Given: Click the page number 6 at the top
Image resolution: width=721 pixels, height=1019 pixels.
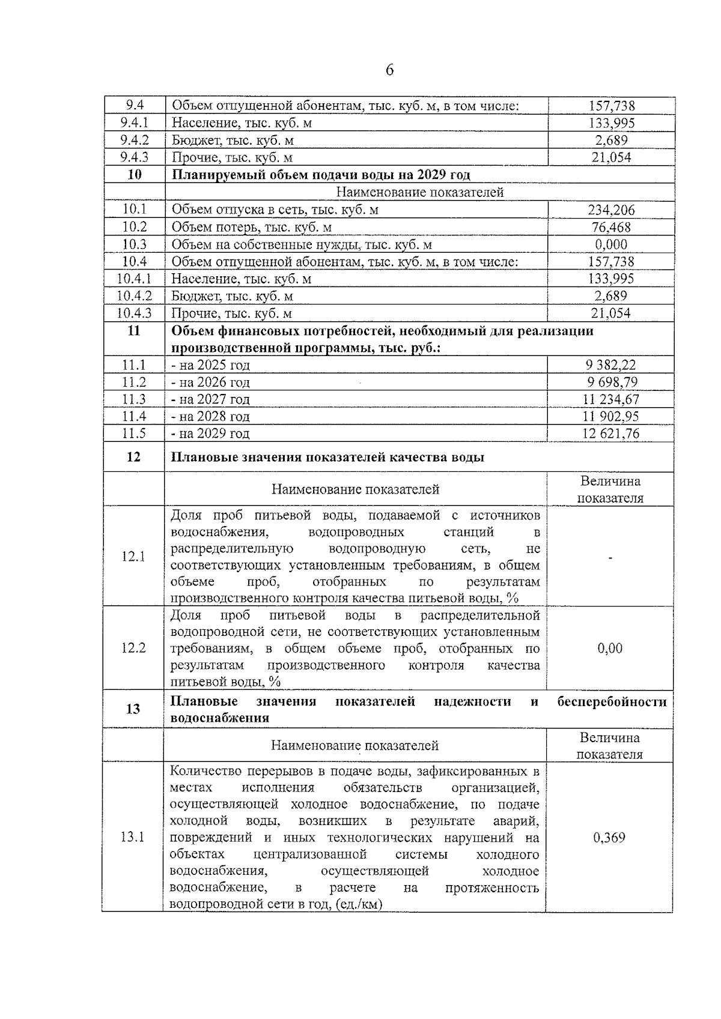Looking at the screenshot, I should click(389, 70).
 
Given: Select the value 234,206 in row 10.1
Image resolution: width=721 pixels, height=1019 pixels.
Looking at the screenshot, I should click(611, 210).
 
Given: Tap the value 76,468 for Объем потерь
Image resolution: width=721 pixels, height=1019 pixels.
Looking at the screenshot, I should click(611, 227).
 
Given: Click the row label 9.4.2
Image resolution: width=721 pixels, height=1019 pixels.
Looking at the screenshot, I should click(134, 140).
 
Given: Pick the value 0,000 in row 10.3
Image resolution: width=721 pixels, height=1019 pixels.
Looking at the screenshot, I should click(611, 244).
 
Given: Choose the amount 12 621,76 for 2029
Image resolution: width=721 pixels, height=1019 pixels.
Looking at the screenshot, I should click(610, 434).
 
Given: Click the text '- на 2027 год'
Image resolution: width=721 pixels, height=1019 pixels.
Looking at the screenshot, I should click(210, 399).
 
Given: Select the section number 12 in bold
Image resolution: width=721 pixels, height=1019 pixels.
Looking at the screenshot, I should click(133, 457).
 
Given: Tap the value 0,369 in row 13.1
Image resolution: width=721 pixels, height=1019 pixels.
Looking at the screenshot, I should click(609, 837).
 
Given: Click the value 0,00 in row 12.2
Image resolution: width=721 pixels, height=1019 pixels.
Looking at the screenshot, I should click(610, 648).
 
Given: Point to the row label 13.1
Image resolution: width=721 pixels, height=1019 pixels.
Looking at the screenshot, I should click(133, 837).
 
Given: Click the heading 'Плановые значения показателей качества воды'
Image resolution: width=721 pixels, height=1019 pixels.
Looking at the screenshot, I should click(328, 457).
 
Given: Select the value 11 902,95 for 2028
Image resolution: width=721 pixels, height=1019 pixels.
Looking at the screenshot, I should click(610, 416).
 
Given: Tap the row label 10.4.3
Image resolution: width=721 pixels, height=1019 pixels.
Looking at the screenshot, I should click(134, 313).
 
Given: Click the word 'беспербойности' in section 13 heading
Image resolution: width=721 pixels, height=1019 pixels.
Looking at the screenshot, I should click(612, 701).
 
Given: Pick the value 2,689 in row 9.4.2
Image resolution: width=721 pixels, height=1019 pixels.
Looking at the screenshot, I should click(611, 140).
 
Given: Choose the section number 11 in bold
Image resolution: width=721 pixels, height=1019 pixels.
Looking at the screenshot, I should click(134, 330).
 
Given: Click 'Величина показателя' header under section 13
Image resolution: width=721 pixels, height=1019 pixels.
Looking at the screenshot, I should click(609, 746).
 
